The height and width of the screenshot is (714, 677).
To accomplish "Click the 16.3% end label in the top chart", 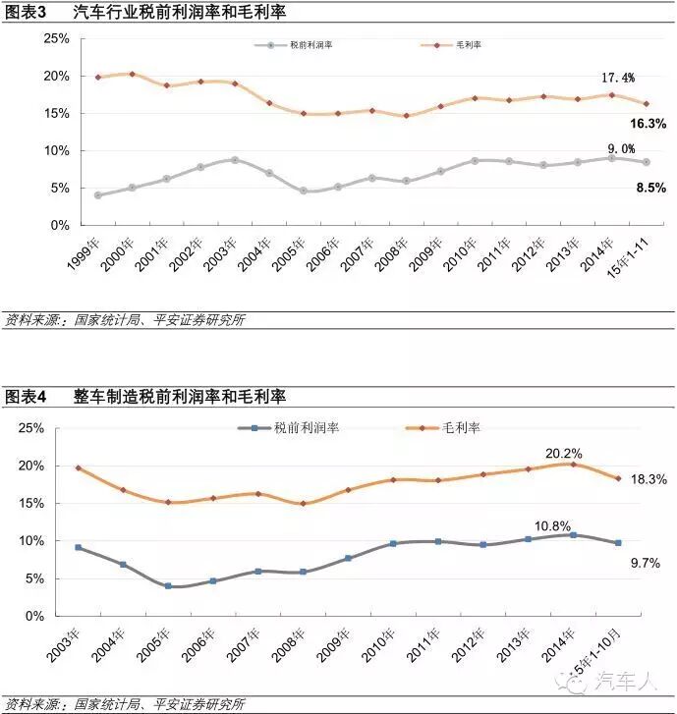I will coord(649,124).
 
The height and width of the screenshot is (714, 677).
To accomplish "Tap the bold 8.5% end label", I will coord(650,187).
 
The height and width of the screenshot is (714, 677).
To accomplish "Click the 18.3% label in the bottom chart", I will coord(650,479).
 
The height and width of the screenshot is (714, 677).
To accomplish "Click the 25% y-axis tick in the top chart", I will coord(56,38).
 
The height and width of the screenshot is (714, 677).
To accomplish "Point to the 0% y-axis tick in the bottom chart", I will coord(35,616).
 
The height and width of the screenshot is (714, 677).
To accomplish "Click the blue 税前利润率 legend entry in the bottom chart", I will coord(296,428).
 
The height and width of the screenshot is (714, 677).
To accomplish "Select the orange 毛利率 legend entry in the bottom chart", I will coord(443,428).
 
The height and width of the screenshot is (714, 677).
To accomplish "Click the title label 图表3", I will coord(27,13).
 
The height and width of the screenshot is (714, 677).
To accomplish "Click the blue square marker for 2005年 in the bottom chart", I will coord(168,586).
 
